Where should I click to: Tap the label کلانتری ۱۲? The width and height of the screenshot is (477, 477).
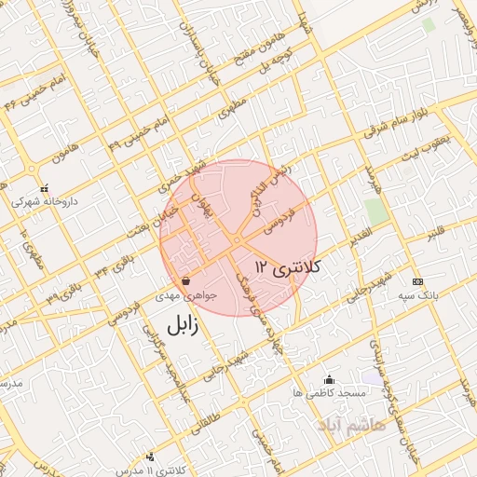[288, 267]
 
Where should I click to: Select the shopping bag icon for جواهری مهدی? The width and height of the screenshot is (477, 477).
[186, 279]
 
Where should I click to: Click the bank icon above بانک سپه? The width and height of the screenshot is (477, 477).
[416, 280]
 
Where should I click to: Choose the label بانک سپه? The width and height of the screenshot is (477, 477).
[416, 295]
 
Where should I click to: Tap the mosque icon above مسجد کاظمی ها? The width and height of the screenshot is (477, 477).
[329, 379]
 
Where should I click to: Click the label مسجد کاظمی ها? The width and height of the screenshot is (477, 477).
[328, 394]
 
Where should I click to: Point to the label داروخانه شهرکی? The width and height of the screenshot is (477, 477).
[44, 201]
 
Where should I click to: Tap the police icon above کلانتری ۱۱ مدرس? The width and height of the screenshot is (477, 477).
[150, 457]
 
